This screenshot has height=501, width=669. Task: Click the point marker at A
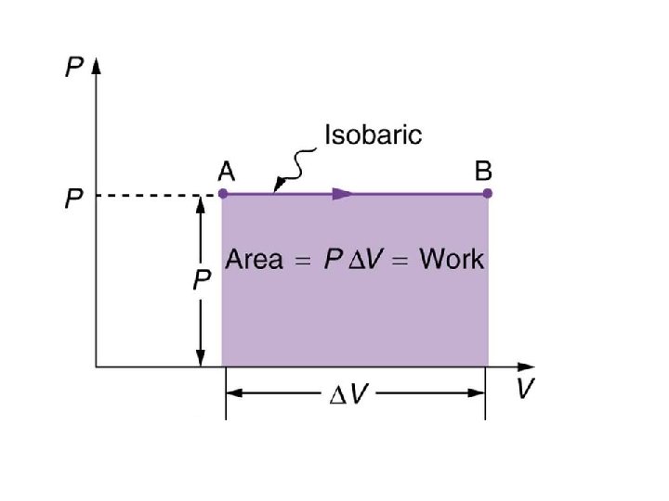223,194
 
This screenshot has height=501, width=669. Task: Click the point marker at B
488,194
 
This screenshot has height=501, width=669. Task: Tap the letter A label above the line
225,172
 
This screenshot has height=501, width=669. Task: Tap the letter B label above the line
483,172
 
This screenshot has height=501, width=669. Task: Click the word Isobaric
372,135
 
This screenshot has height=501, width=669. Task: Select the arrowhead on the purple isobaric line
343,194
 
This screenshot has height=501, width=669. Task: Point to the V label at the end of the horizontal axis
525,388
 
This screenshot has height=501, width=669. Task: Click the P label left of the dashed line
71,199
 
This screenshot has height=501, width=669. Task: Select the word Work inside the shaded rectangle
452,259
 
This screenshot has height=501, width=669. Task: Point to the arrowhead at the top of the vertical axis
96,66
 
